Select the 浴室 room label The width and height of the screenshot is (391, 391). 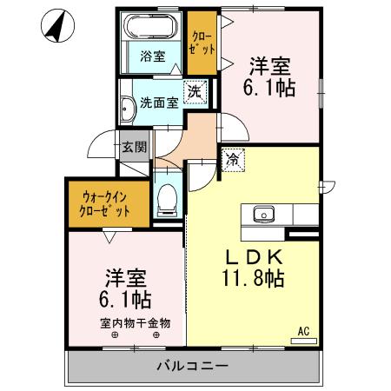pos(152,61)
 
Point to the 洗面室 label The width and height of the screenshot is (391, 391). pos(162,102)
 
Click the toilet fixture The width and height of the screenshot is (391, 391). pos(166,197)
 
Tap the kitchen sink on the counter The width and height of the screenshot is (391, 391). pos(262,214)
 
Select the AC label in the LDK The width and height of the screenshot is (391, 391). pos(304,331)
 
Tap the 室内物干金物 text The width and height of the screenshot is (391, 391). pos(135,322)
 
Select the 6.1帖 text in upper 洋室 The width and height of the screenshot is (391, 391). pos(272,88)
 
